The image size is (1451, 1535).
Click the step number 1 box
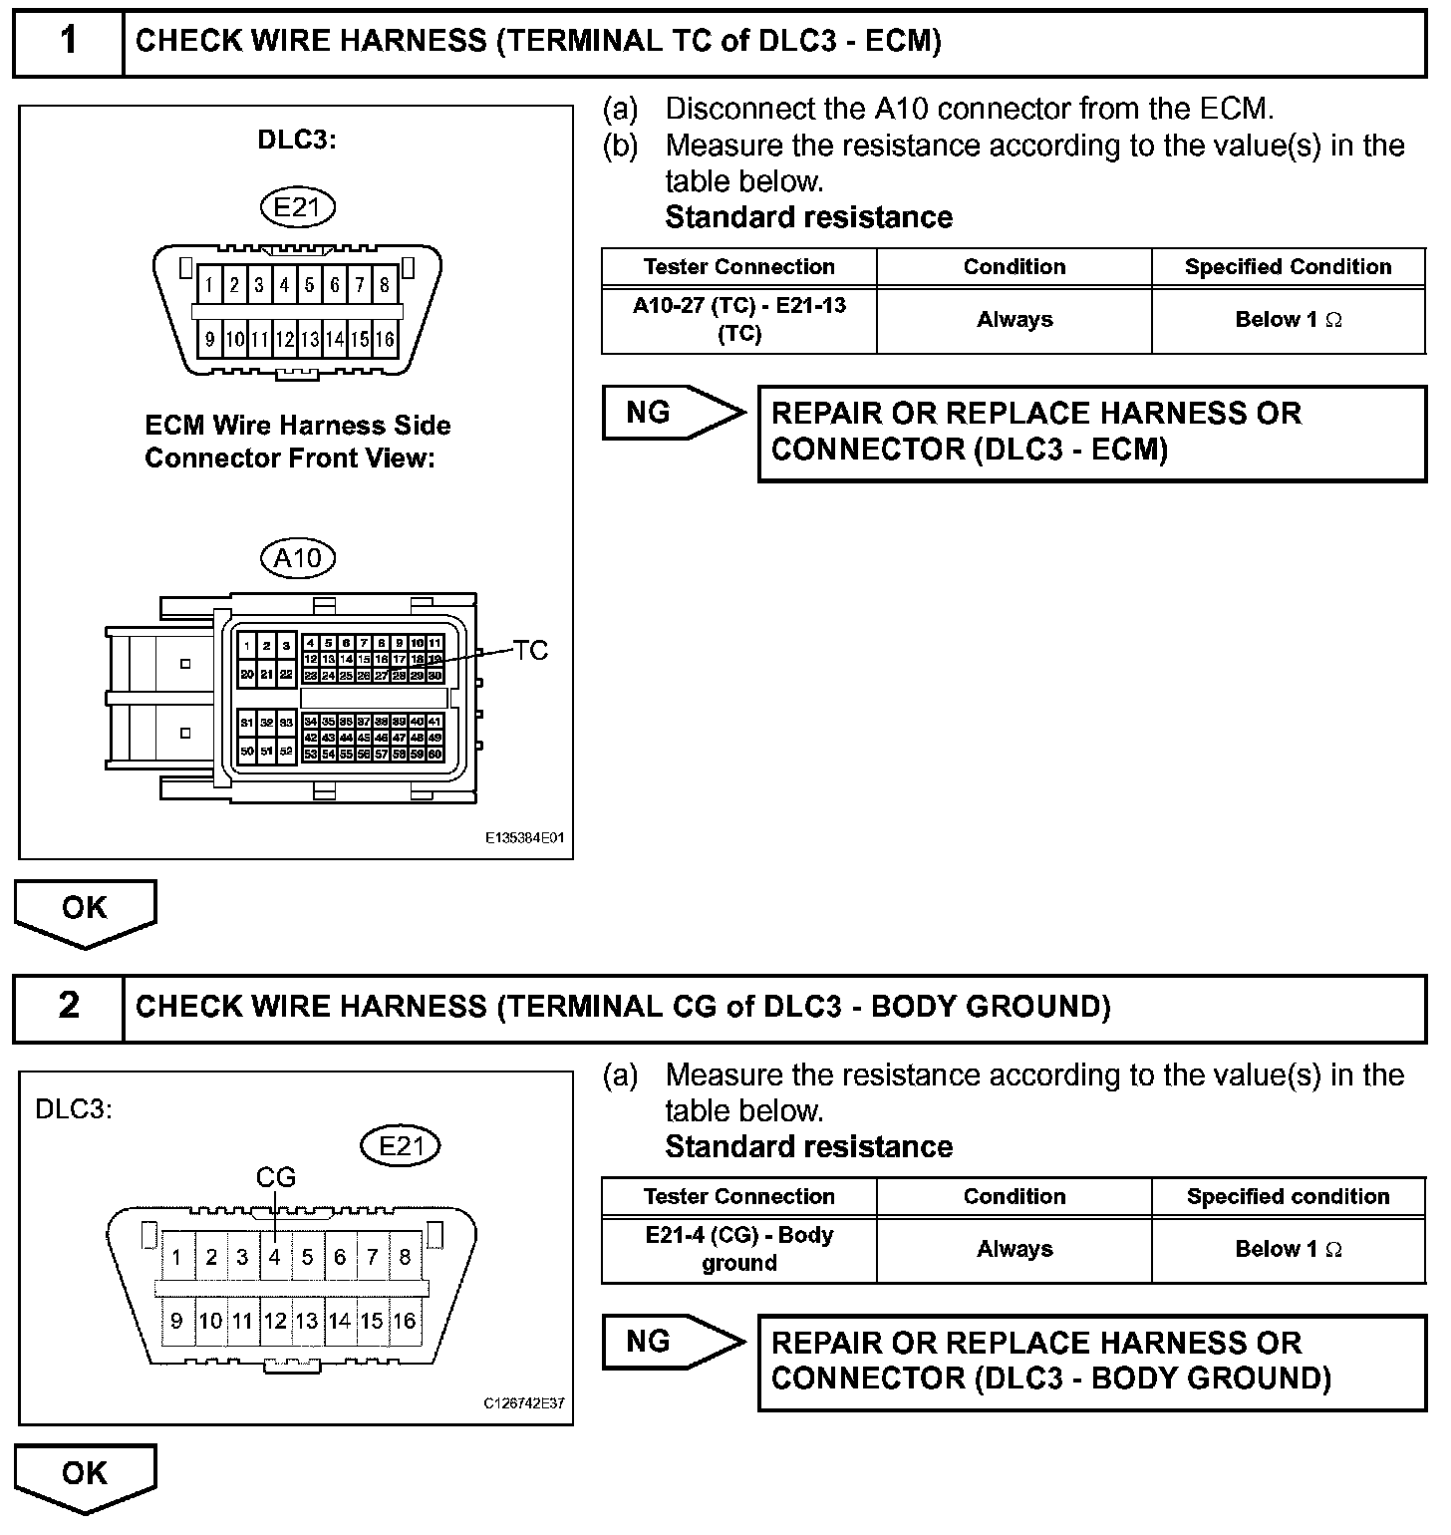68,42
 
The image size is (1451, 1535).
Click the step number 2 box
68,1006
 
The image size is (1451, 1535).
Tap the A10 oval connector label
298,558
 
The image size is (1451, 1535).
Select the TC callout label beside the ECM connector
531,651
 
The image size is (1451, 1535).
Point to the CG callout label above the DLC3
276,1177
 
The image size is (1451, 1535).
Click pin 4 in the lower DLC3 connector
274,1257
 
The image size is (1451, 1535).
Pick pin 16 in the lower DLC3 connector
404,1321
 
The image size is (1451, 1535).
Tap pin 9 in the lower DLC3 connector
176,1321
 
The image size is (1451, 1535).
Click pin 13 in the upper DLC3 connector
309,339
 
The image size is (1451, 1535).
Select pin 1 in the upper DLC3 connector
209,286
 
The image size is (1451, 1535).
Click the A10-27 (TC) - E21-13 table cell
739,320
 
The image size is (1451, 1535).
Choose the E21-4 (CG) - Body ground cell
739,1249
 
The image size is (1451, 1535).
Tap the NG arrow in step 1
672,413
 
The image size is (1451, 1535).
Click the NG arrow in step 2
672,1342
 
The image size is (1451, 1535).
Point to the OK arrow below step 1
85,911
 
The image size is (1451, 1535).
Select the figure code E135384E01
524,838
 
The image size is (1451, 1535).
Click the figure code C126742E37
524,1403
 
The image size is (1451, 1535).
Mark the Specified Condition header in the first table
1288,267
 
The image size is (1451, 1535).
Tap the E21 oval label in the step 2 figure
400,1146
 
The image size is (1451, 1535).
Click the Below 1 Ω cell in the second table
1288,1249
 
